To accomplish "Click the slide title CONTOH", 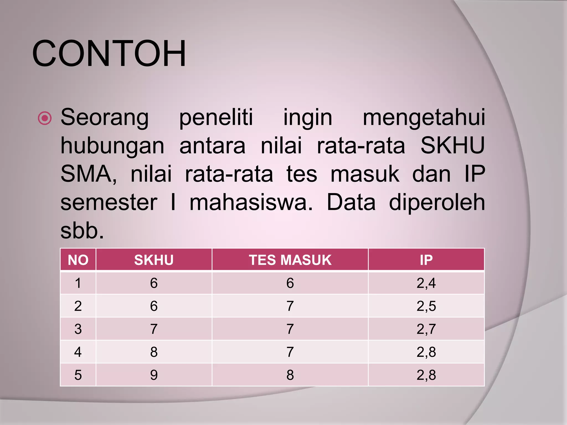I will [109, 53].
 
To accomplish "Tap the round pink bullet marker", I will [45, 118].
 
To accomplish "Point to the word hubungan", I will [112, 146].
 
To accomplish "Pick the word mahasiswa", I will [251, 203].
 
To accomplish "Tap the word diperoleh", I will [437, 203].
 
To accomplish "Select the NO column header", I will [78, 260].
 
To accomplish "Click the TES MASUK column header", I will [290, 260].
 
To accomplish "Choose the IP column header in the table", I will [426, 260].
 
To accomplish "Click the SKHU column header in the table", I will [154, 260].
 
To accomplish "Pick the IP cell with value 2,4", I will [426, 283].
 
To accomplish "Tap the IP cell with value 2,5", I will [426, 306].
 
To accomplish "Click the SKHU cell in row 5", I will [154, 375].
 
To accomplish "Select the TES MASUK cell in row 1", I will [290, 283].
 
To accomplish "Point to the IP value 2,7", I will [426, 329].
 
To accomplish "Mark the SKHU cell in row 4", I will [154, 352].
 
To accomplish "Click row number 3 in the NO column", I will [78, 329].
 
